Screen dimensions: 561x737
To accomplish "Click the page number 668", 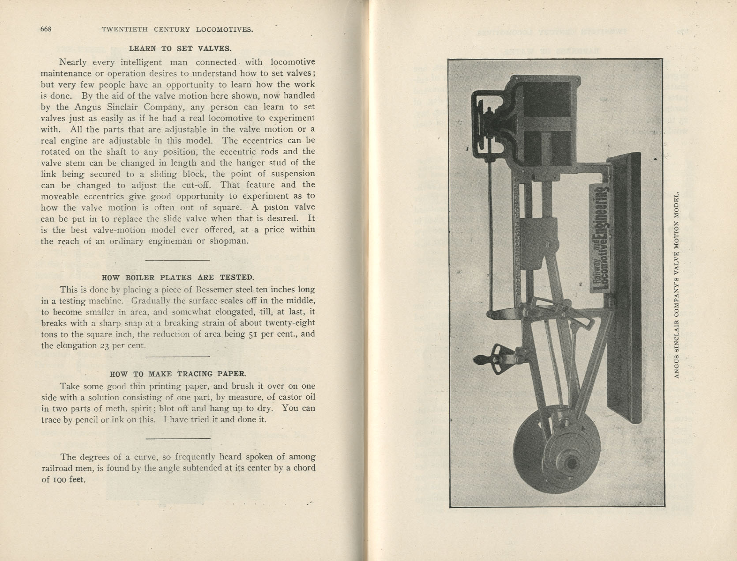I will click(x=46, y=29).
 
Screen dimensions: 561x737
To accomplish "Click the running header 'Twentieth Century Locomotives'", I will click(x=177, y=30).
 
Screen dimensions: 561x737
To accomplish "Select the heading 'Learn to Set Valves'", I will click(x=180, y=49).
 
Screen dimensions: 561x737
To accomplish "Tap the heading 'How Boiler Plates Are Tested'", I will click(x=178, y=277).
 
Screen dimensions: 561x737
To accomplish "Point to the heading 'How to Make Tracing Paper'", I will click(x=178, y=374).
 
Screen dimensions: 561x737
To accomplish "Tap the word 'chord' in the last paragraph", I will click(x=304, y=468).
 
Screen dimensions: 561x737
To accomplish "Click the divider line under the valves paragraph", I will click(x=177, y=260).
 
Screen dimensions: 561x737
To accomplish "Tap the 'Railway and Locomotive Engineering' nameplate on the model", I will click(x=601, y=239).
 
